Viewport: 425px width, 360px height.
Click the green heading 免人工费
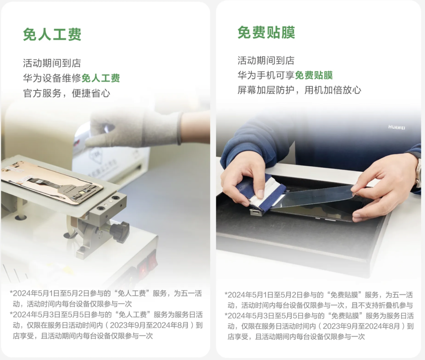click(x=52, y=34)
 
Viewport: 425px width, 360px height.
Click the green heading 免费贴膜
click(x=266, y=33)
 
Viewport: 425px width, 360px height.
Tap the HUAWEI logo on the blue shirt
click(x=397, y=127)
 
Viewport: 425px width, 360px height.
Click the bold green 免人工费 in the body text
click(x=101, y=78)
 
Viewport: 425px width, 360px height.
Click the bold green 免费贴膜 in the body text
click(x=314, y=75)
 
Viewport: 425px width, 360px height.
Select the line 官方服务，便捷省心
click(x=67, y=93)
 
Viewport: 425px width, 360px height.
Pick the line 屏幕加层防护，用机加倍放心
click(x=299, y=90)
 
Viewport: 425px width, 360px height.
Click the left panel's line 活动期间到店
click(x=52, y=63)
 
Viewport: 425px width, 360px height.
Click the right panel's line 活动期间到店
click(x=266, y=61)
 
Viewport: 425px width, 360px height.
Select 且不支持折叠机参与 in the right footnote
click(x=382, y=305)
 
